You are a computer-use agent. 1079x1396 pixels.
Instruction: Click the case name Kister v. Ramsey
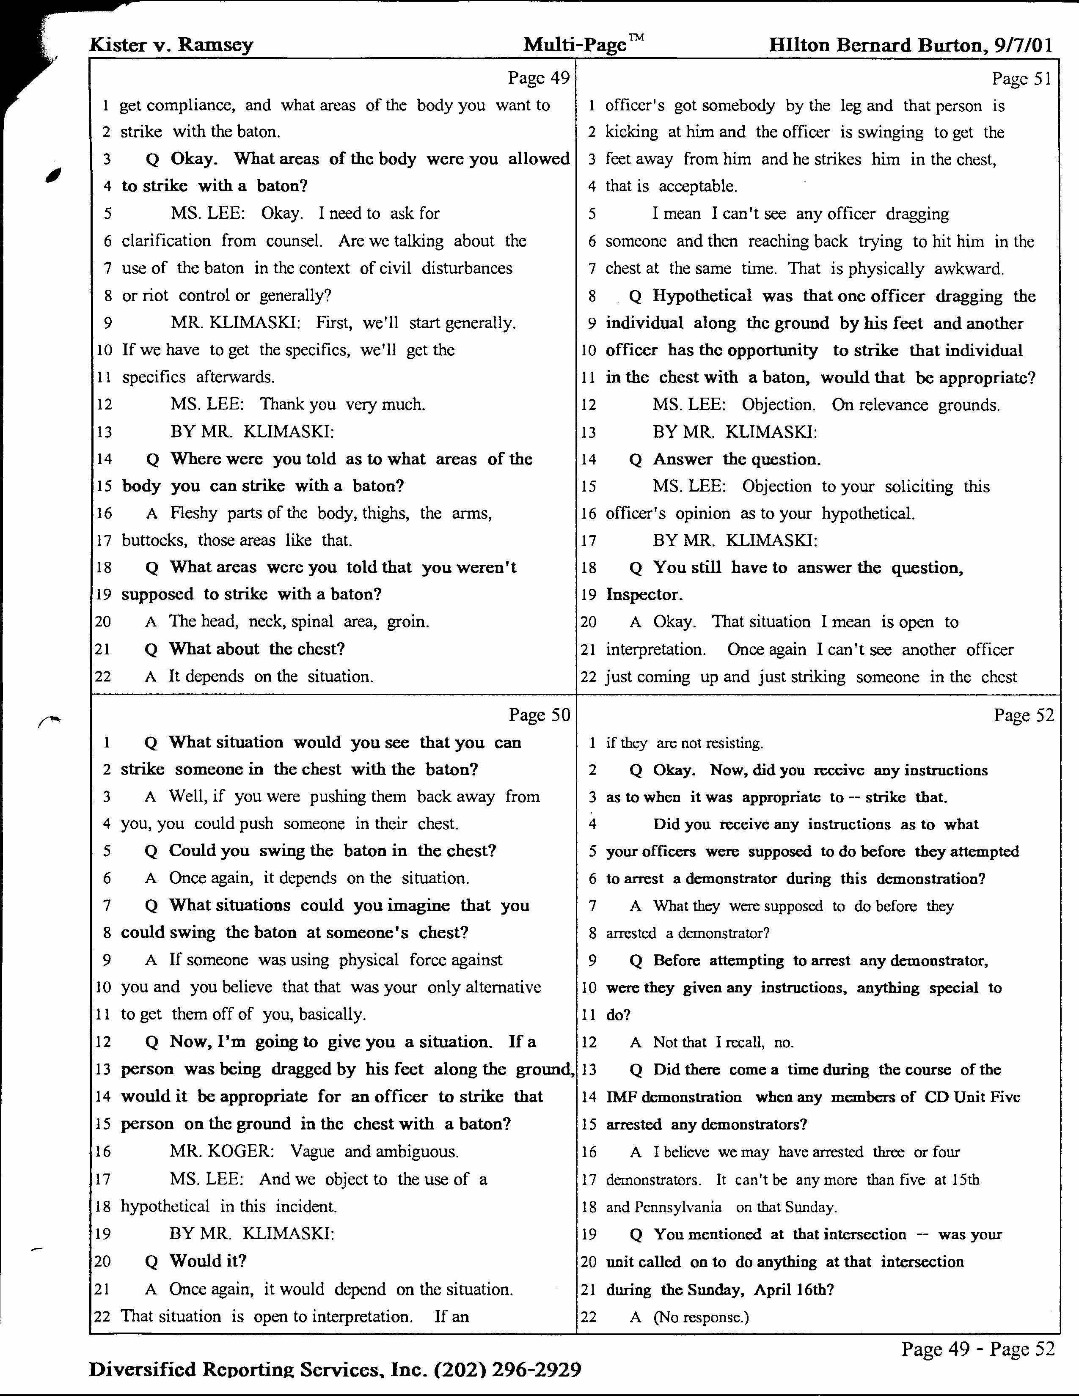point(171,45)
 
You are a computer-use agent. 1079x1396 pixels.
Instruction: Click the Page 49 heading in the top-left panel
point(538,78)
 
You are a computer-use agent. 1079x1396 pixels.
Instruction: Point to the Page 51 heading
point(1021,79)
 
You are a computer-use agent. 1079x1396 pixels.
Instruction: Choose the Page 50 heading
point(539,714)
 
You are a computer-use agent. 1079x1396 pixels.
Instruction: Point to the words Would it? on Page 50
point(208,1261)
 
